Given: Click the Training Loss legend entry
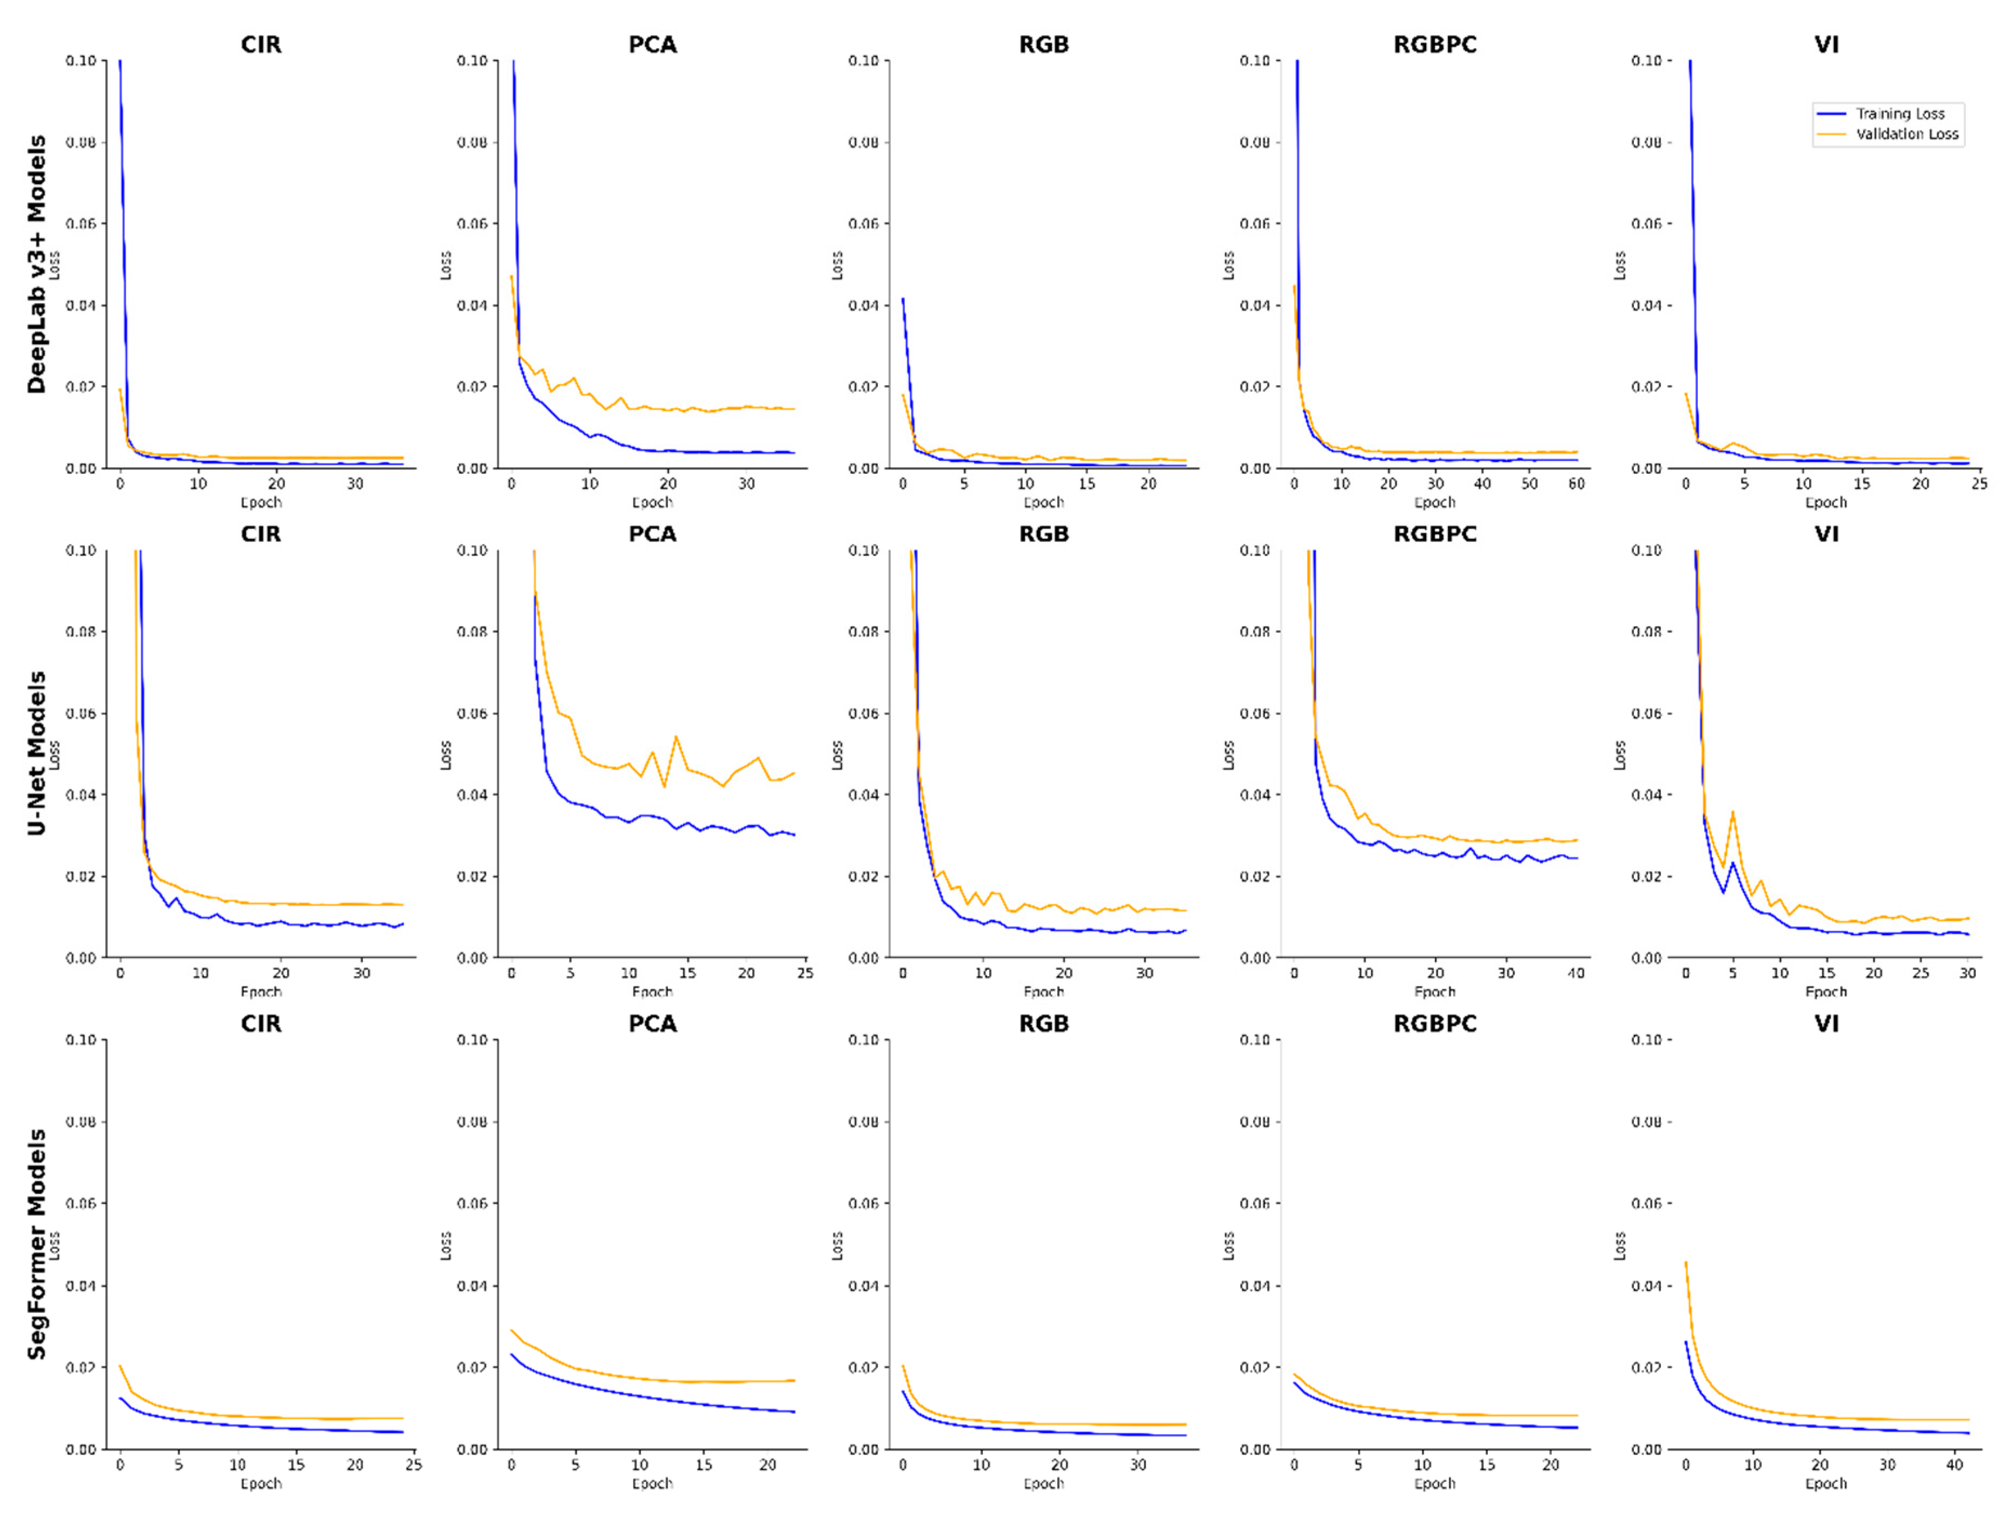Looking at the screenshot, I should click(1899, 114).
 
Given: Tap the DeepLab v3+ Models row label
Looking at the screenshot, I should click(36, 264).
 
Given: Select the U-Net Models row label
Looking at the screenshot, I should click(36, 753).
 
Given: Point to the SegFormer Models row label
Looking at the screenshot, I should click(36, 1243).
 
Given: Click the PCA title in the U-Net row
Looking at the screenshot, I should click(652, 534).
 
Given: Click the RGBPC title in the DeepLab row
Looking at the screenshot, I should click(1434, 44).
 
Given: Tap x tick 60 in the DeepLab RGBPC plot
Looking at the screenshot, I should click(1576, 484).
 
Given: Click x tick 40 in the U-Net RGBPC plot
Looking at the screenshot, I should click(1576, 973).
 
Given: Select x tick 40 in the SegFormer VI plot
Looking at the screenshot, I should click(1954, 1464).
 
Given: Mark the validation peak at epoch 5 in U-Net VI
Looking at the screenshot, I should click(1733, 811).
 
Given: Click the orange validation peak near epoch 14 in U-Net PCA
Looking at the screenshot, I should click(676, 737).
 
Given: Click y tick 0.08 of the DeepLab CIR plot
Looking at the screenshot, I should click(81, 142).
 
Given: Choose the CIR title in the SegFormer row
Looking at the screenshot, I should click(261, 1024).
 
